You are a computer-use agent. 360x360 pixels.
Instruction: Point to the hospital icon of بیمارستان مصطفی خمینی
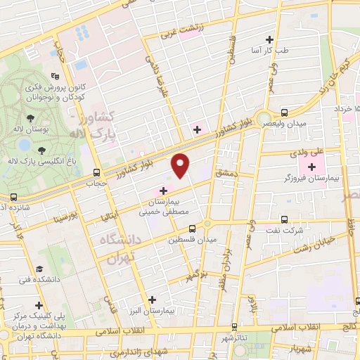163,190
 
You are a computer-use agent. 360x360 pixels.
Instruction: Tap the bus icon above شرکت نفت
285,219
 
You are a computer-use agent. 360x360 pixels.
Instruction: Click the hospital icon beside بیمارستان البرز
151,298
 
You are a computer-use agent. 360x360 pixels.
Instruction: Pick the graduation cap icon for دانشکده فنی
40,269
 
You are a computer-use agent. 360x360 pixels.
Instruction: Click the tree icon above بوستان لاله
30,120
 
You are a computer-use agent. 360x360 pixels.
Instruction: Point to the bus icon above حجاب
96,172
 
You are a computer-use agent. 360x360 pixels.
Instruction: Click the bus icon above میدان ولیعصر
284,112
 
